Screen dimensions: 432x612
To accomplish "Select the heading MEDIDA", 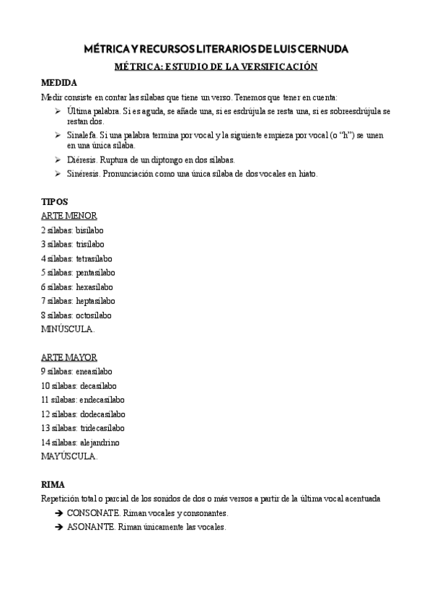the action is tap(59, 82).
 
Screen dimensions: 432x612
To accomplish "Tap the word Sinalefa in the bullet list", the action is tap(82, 135).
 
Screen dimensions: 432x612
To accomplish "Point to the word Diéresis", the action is tap(81, 159).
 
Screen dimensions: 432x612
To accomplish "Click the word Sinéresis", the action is tap(84, 174).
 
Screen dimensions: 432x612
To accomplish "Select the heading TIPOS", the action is tap(54, 202).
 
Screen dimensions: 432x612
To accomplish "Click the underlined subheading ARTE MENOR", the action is tap(69, 216).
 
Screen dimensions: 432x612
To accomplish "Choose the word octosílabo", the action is tap(93, 315).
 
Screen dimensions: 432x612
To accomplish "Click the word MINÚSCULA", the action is tap(68, 329).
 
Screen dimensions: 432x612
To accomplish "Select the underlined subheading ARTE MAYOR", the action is tap(69, 357).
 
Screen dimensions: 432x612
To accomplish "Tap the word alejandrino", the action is tap(100, 442).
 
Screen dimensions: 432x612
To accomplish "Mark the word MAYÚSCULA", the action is tap(69, 456).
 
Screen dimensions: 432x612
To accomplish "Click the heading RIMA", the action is tap(53, 485).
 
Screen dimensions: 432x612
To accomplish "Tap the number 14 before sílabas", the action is tap(45, 442).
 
